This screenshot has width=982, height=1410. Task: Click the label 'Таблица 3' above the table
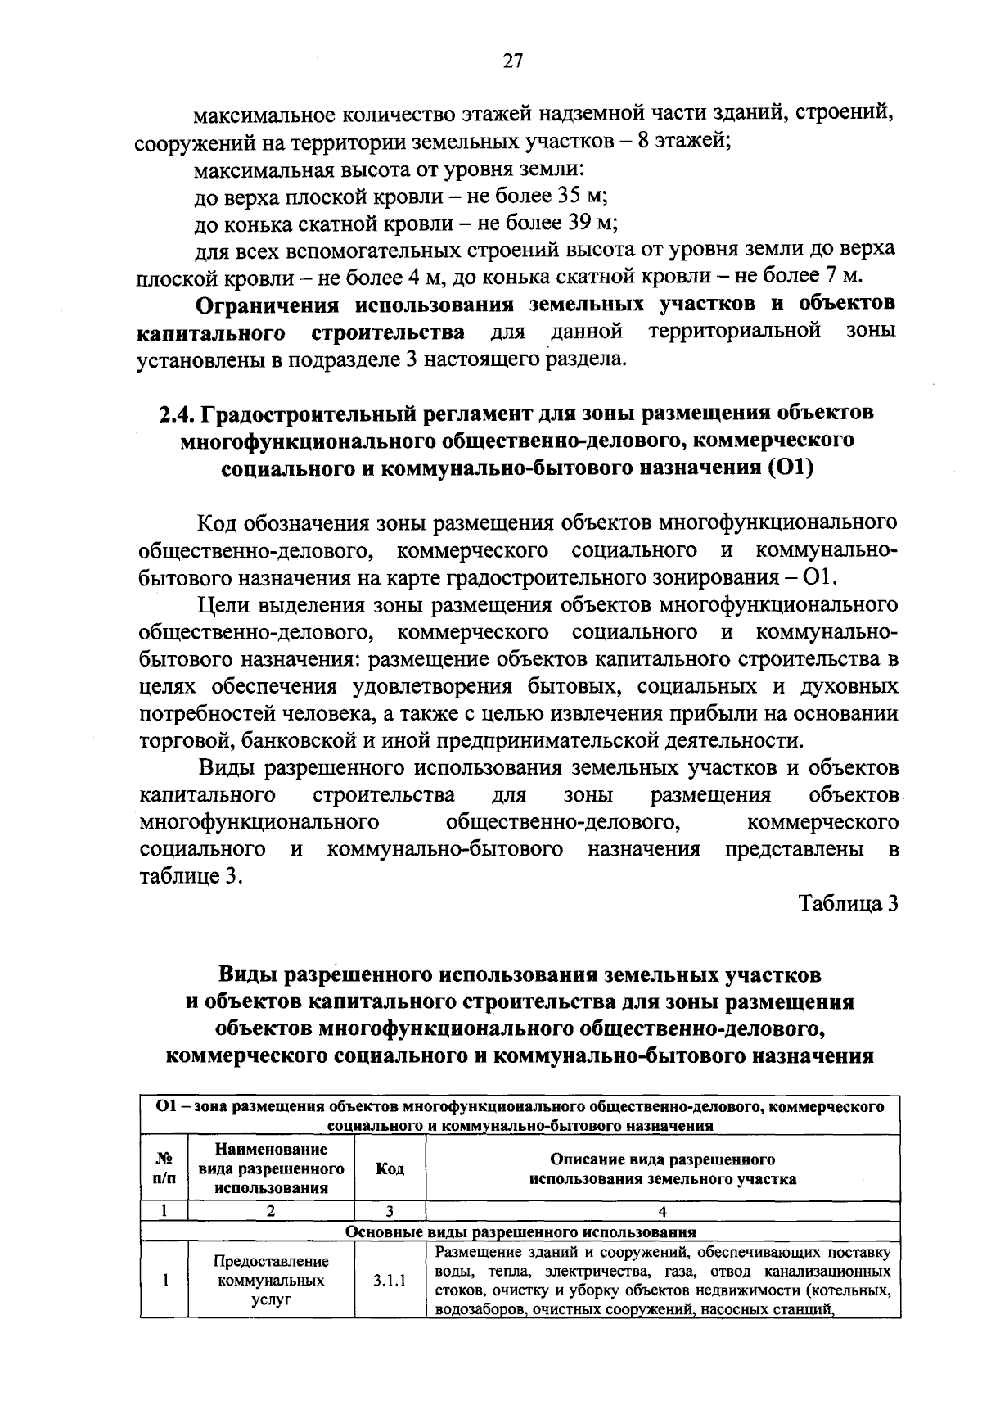[849, 903]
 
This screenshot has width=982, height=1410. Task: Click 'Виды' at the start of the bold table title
[246, 975]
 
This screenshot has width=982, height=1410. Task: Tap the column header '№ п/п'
[164, 1168]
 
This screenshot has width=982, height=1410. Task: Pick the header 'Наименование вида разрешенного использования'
[271, 1168]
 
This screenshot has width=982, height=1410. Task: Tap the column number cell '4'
[662, 1212]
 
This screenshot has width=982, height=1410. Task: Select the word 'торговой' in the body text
[178, 741]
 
